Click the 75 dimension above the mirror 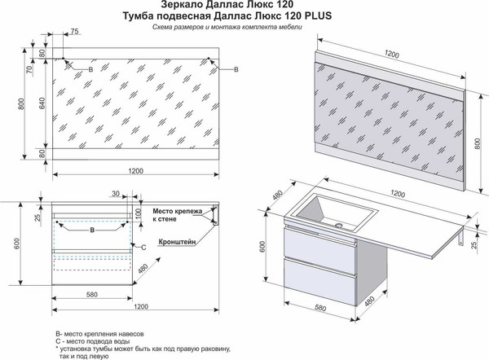[x=74, y=32]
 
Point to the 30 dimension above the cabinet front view [x=117, y=194]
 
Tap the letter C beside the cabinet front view [x=143, y=246]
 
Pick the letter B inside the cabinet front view [x=91, y=230]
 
